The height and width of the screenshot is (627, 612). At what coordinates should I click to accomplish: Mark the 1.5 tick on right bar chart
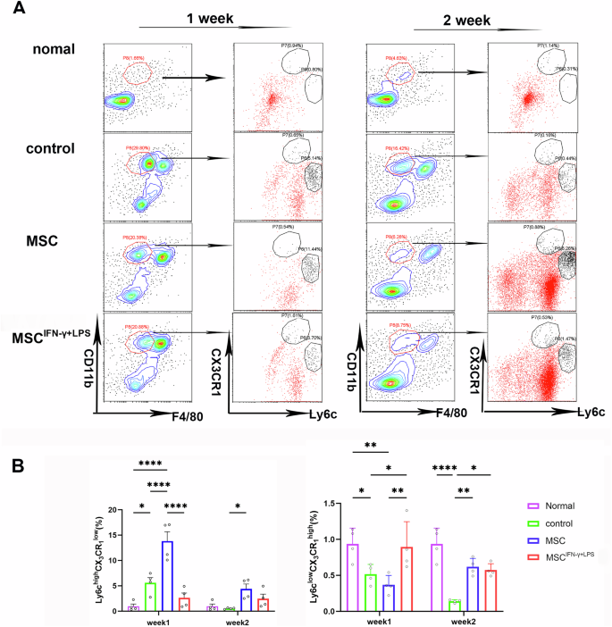click(329, 504)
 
